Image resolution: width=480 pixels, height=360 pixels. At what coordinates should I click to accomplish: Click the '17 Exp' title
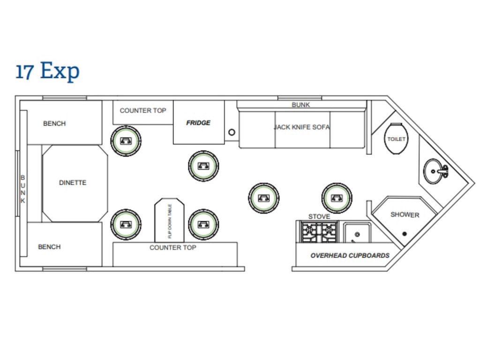(x=48, y=71)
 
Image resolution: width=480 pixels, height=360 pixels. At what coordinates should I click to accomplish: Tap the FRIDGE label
(x=198, y=123)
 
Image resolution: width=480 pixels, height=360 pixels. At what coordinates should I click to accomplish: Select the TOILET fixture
(x=396, y=139)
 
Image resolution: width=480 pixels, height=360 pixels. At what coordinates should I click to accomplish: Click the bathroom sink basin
(x=435, y=171)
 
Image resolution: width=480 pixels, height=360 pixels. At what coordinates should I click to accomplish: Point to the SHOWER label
(x=405, y=215)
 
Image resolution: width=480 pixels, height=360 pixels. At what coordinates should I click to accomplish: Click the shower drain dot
(x=404, y=233)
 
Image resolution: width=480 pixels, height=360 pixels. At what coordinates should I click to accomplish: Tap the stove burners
(x=319, y=232)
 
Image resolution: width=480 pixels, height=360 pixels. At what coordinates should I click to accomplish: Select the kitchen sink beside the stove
(x=357, y=233)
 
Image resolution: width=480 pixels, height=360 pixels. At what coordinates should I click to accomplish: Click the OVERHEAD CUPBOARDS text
(x=350, y=255)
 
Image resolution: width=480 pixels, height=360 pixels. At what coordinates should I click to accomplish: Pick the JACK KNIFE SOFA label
(x=302, y=127)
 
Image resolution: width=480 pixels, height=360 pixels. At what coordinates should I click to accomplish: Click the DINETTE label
(x=73, y=183)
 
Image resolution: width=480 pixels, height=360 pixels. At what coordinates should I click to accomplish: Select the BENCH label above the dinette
(x=54, y=123)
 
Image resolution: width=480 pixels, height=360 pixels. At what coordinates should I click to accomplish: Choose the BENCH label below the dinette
(x=49, y=247)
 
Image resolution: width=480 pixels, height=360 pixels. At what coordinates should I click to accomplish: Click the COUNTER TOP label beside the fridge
(x=143, y=111)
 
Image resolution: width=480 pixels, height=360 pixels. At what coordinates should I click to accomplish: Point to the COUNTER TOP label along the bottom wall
(x=172, y=247)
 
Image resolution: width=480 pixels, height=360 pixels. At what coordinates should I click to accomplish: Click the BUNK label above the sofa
(x=300, y=105)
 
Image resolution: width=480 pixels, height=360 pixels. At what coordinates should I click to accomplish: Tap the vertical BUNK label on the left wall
(x=23, y=189)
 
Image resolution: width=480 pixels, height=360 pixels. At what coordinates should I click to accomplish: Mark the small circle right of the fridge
(x=232, y=132)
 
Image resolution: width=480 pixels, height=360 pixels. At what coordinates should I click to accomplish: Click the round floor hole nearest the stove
(x=337, y=198)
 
